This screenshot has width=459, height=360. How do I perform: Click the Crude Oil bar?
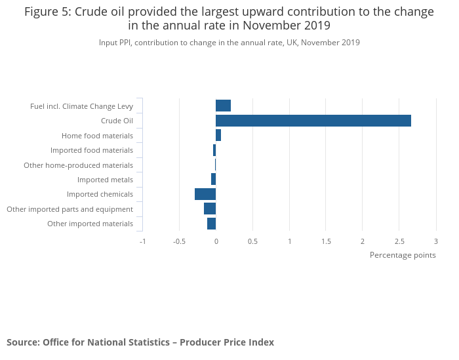click(313, 121)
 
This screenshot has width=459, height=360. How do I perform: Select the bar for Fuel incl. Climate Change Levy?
click(223, 106)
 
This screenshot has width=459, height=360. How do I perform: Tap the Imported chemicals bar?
click(205, 194)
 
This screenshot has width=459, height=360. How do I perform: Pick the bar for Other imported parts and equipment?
click(210, 209)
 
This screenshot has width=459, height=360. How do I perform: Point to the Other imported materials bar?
click(211, 224)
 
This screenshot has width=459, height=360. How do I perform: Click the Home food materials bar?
click(218, 135)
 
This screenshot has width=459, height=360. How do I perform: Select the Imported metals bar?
click(213, 179)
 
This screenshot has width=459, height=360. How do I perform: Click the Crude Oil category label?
click(117, 121)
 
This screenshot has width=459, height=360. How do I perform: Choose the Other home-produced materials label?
click(78, 165)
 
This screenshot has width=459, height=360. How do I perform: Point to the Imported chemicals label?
click(100, 194)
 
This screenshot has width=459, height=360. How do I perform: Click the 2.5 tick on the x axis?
click(399, 241)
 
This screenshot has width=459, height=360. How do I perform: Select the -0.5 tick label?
click(179, 241)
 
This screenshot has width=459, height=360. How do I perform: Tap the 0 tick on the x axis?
click(216, 241)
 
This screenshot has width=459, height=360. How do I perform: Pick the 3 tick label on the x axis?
click(435, 241)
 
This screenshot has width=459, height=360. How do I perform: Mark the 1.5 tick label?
click(326, 241)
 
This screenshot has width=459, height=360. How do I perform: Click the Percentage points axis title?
click(403, 255)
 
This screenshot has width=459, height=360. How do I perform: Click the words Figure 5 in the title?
click(49, 12)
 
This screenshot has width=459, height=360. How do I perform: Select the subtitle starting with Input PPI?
click(229, 43)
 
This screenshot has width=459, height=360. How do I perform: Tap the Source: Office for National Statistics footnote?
click(140, 342)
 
